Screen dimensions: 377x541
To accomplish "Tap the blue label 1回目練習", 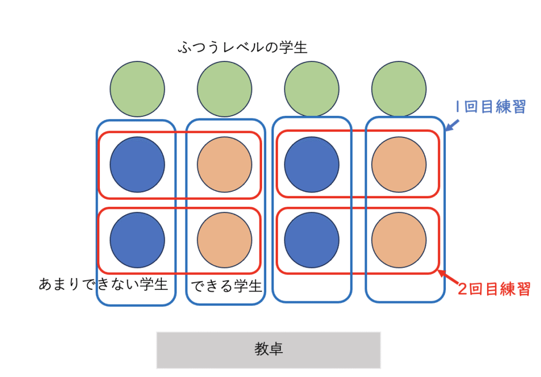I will click(x=490, y=107).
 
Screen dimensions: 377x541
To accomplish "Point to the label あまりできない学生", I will click(x=104, y=284).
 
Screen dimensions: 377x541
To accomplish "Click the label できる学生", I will click(x=226, y=286).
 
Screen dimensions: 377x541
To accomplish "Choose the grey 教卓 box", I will click(x=268, y=350).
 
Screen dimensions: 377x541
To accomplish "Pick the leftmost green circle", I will click(x=137, y=89).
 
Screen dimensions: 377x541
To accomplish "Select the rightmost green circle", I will click(x=399, y=89).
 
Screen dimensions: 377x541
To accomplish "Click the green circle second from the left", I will click(x=225, y=89).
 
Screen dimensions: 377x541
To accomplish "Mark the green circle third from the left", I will click(x=312, y=89).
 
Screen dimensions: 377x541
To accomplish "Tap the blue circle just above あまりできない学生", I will click(x=137, y=240).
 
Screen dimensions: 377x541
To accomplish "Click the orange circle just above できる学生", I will click(x=225, y=240).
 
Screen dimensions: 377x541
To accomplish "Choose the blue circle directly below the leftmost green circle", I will click(x=137, y=164).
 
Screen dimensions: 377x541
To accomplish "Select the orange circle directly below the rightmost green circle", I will click(x=399, y=164).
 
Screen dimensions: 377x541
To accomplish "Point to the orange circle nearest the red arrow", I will click(x=399, y=240).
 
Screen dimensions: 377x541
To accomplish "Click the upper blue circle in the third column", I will click(x=312, y=164).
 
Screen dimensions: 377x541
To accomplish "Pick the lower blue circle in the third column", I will click(x=312, y=240).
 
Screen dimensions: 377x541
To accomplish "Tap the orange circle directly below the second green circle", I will click(x=225, y=164).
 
